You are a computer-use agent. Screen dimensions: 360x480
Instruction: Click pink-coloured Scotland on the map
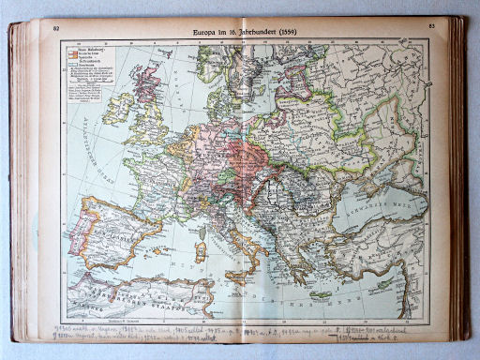point(145,82)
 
